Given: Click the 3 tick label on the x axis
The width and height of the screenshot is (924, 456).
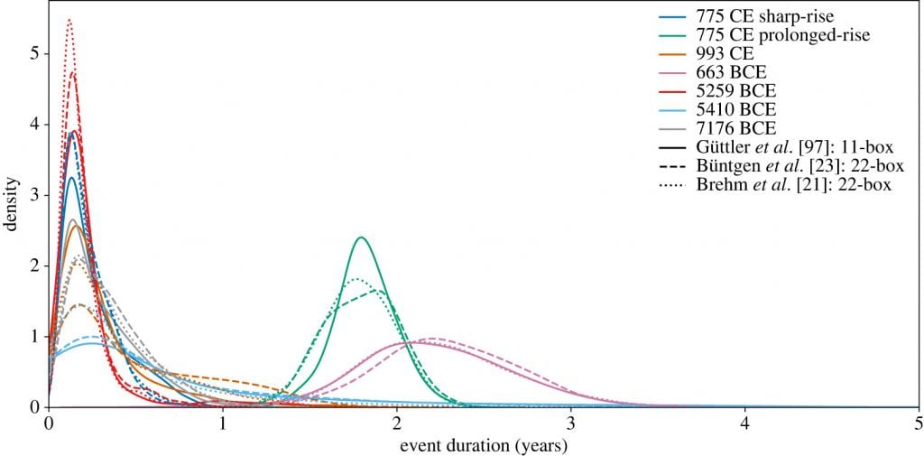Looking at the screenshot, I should (x=570, y=423).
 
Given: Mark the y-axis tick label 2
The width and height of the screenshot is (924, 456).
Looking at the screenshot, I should (x=33, y=265).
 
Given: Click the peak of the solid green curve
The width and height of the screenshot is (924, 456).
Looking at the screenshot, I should (x=361, y=237).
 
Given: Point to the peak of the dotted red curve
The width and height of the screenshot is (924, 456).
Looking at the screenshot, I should (x=69, y=19).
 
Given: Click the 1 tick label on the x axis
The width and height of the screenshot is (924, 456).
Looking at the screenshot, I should (x=222, y=423).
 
